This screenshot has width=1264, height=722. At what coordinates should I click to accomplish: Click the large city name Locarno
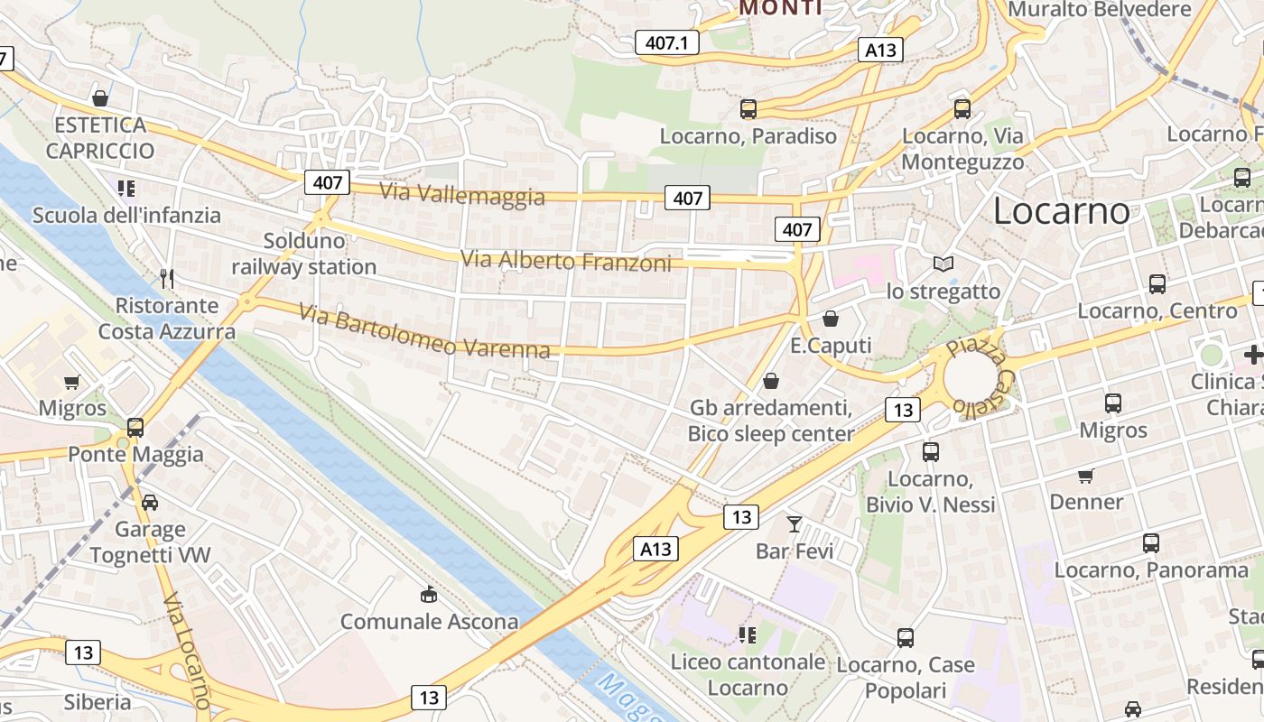[x=1061, y=211]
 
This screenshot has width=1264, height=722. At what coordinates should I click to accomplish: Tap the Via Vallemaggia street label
[x=462, y=194]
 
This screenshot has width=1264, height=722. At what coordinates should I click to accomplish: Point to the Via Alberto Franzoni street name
[x=566, y=262]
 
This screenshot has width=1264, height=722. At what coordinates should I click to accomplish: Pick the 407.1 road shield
[x=666, y=42]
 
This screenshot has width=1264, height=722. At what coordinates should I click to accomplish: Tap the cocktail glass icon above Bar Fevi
[x=795, y=523]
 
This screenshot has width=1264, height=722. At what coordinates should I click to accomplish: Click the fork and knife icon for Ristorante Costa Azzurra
[x=167, y=278]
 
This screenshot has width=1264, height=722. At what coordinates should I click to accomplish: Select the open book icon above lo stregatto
[x=943, y=264]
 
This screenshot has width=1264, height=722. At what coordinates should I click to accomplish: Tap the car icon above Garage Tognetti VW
[x=150, y=502]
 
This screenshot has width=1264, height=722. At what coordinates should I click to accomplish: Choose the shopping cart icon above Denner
[x=1086, y=475]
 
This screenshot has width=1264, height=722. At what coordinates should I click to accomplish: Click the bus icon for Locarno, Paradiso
[x=748, y=109]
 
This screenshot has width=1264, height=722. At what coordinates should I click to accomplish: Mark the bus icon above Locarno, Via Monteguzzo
[x=962, y=109]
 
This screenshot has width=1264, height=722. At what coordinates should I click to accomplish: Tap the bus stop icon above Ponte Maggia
[x=135, y=427]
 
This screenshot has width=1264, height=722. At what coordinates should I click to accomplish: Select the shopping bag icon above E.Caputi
[x=831, y=319]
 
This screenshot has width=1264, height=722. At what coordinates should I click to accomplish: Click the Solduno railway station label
[x=304, y=254]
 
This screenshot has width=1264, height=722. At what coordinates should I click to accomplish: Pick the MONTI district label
[x=780, y=8]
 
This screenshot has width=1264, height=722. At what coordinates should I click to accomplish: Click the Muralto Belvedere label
[x=1100, y=9]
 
